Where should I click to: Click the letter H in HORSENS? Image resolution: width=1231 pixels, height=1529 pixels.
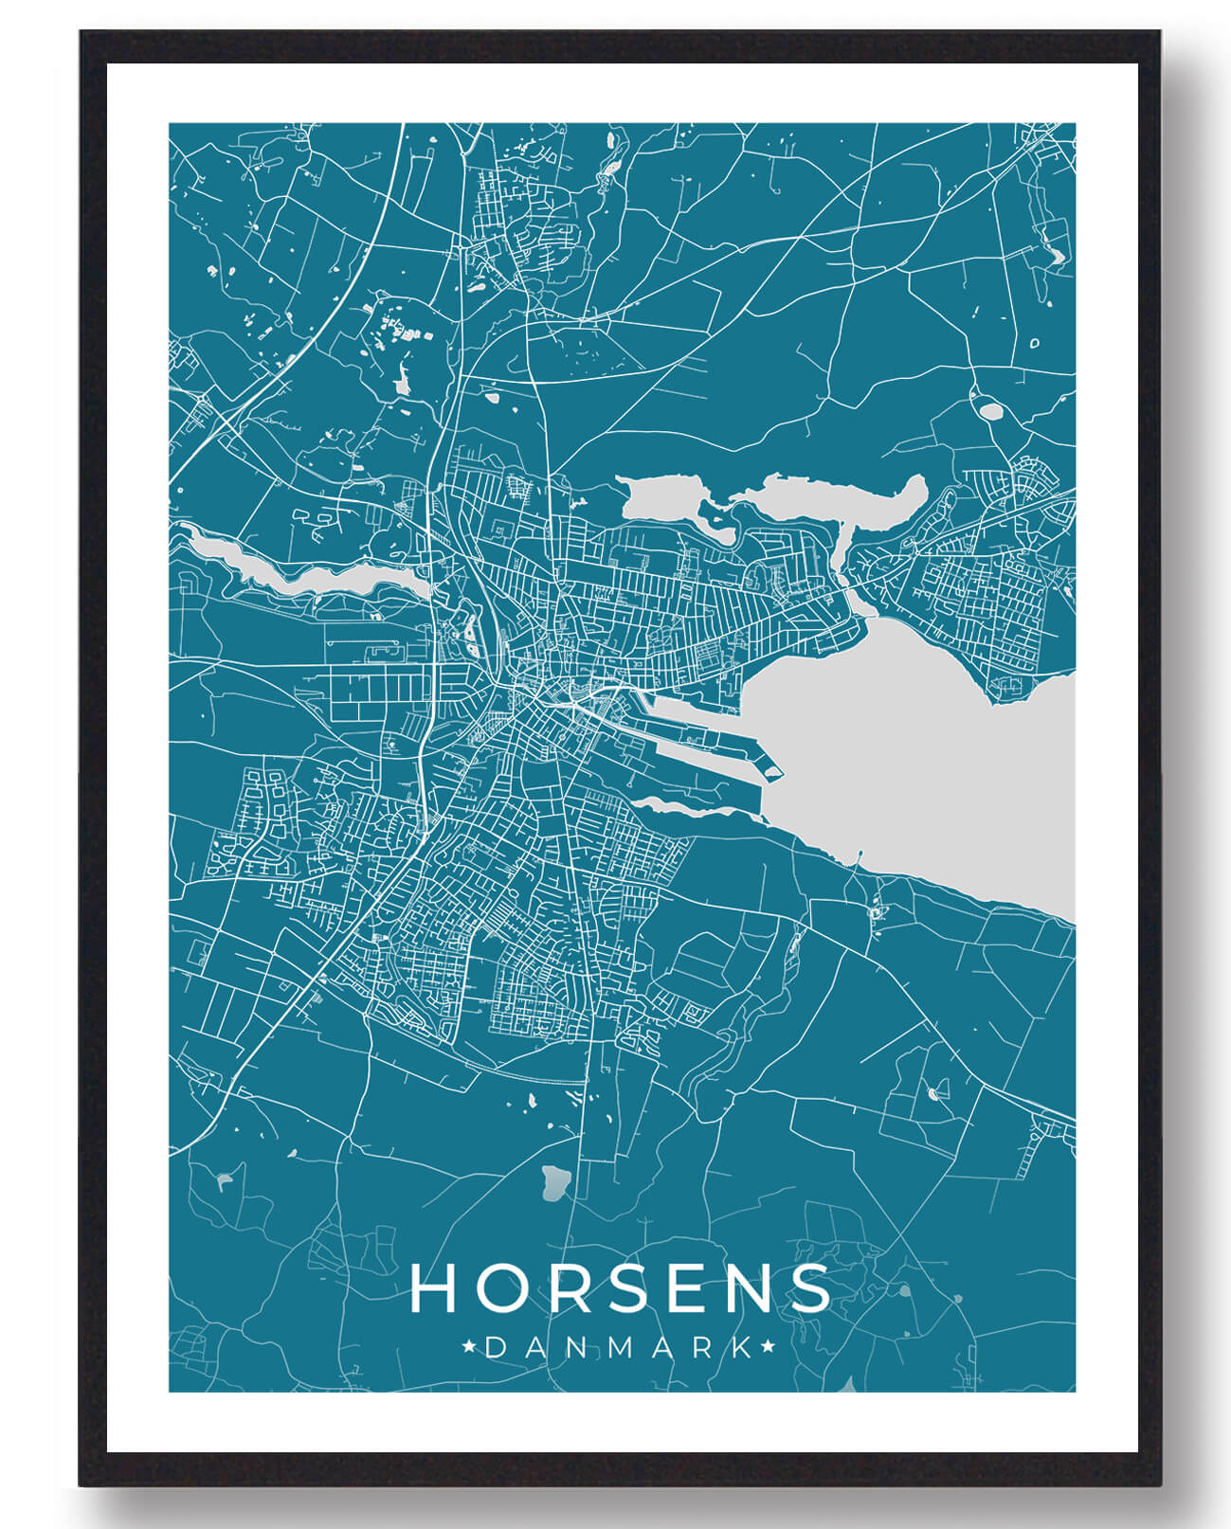(x=434, y=1288)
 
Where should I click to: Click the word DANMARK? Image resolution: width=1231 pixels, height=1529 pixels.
(x=622, y=1347)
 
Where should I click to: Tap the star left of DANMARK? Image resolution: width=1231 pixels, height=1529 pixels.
(x=466, y=1346)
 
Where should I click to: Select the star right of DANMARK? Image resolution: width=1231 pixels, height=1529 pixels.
(x=767, y=1346)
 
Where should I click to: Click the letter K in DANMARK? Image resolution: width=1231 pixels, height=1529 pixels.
(x=744, y=1347)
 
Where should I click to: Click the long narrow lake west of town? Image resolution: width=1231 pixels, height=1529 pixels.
(x=313, y=574)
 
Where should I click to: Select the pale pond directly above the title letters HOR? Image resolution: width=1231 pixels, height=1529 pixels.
(x=554, y=1180)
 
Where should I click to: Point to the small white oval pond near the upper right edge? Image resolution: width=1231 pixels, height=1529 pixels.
(x=991, y=411)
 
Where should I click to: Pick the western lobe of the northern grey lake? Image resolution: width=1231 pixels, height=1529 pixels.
(x=663, y=496)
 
